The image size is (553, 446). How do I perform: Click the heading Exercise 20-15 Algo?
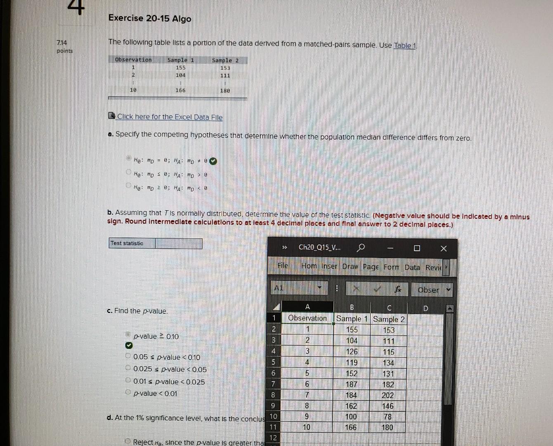150,19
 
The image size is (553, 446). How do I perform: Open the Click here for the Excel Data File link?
170,117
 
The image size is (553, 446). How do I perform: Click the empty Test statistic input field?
178,244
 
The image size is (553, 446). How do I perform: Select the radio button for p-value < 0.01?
128,393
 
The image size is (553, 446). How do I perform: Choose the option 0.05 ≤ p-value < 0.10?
128,357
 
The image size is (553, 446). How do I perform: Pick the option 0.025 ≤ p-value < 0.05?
128,369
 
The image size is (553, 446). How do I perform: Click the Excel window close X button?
443,248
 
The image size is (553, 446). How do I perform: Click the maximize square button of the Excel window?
417,248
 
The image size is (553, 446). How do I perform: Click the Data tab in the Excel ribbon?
412,267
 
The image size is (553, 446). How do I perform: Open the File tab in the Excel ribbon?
283,266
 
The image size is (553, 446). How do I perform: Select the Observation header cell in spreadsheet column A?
307,318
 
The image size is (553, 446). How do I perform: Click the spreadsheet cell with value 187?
351,384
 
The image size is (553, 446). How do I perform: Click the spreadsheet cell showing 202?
388,395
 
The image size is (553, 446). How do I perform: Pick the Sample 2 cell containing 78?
388,417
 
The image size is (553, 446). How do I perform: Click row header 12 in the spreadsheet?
273,438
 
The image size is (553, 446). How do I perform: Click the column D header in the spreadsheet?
425,308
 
